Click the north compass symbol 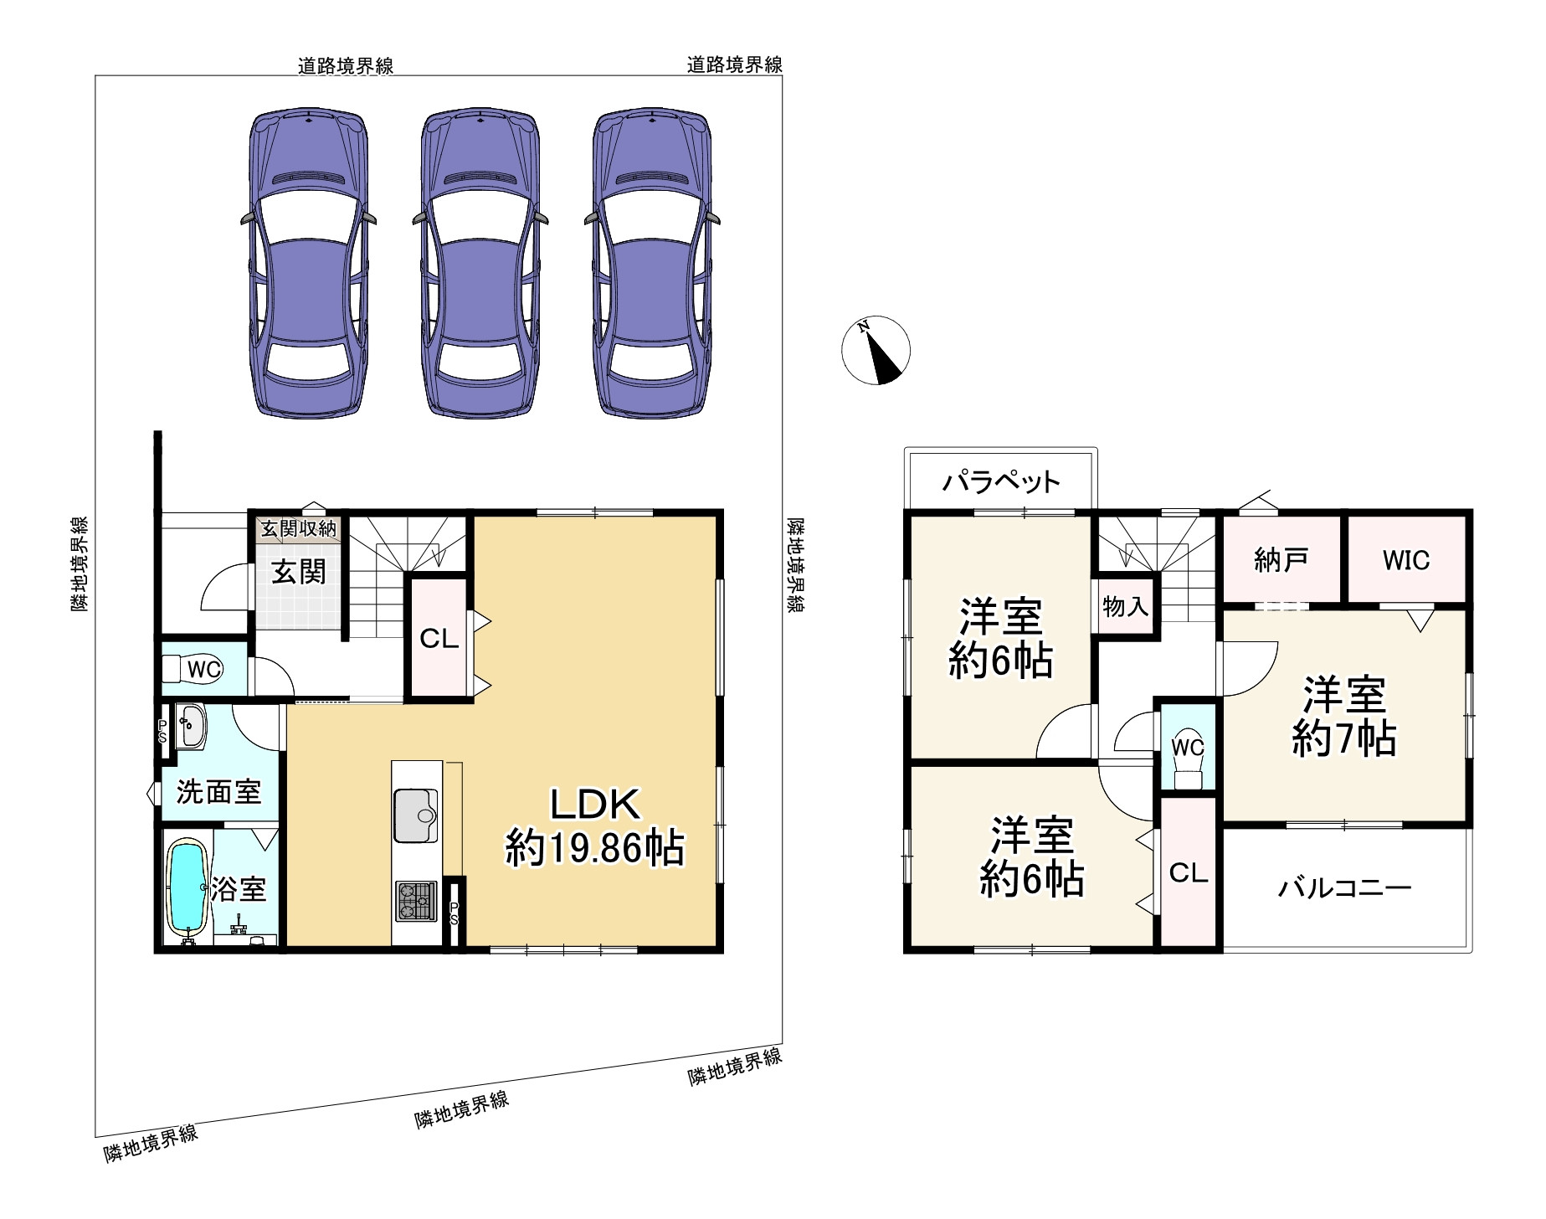click(876, 351)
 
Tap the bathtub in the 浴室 click(187, 887)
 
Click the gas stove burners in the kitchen click(416, 902)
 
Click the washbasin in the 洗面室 click(192, 725)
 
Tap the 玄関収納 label click(298, 529)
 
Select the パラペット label click(1001, 481)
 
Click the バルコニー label click(1344, 887)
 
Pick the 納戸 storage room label click(1281, 559)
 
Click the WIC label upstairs click(1406, 560)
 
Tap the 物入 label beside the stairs click(1125, 606)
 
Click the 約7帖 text click(1344, 739)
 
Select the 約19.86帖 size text click(594, 848)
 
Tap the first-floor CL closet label click(439, 640)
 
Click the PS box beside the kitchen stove click(455, 913)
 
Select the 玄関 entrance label click(299, 573)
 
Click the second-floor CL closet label click(1189, 873)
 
